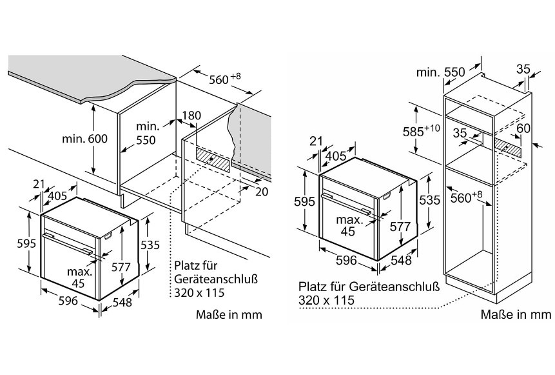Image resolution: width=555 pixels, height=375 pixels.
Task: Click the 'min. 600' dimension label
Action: pyautogui.click(x=85, y=139)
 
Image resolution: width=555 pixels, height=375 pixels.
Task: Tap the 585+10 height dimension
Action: pyautogui.click(x=425, y=129)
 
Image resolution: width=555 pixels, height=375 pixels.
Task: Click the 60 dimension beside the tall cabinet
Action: pyautogui.click(x=523, y=129)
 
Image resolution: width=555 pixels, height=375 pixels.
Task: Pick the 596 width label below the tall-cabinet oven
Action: pyautogui.click(x=346, y=260)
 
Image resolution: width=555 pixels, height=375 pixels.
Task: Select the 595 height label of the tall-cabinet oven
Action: pyautogui.click(x=307, y=201)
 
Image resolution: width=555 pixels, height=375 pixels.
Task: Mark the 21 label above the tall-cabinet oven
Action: pyautogui.click(x=315, y=142)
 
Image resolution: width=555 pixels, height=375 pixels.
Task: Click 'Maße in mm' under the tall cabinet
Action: pyautogui.click(x=516, y=314)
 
